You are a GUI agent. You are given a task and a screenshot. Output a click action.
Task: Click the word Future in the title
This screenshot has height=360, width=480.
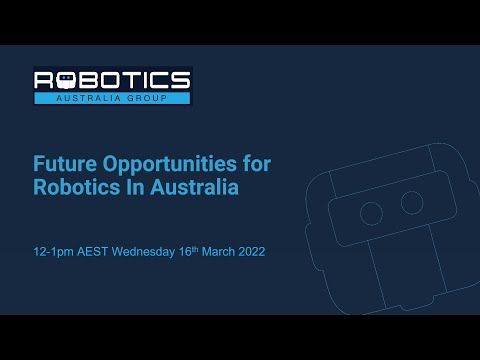65,164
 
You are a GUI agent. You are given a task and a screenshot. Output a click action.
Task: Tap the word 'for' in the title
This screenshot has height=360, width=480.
257,163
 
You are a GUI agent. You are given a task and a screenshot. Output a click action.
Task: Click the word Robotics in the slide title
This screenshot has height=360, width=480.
76,187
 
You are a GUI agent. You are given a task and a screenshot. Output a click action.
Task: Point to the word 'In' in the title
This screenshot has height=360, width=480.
135,187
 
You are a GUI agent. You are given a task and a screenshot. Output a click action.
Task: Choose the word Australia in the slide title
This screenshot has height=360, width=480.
194,187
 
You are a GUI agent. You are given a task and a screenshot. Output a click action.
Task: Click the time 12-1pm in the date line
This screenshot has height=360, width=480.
53,252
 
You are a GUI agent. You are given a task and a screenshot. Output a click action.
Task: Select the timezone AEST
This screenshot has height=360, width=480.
92,252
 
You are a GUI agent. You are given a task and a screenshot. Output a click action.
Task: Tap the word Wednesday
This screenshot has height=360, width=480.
143,252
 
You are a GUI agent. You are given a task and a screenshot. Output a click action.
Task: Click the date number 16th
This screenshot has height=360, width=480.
188,251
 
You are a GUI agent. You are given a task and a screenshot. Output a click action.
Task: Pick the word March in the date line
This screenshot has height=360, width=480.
218,252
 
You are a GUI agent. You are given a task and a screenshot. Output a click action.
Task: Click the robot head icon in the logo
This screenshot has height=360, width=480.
67,80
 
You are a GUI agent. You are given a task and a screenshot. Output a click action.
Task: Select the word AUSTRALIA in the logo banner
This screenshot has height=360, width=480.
88,98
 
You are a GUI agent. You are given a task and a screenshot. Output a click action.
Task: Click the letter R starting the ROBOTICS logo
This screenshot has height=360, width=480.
44,80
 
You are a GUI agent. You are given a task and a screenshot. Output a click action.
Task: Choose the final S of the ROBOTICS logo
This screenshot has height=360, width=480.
180,80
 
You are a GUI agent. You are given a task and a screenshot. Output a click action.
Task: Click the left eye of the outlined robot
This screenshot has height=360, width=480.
371,213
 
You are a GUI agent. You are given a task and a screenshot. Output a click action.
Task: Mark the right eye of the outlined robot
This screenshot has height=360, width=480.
412,202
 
